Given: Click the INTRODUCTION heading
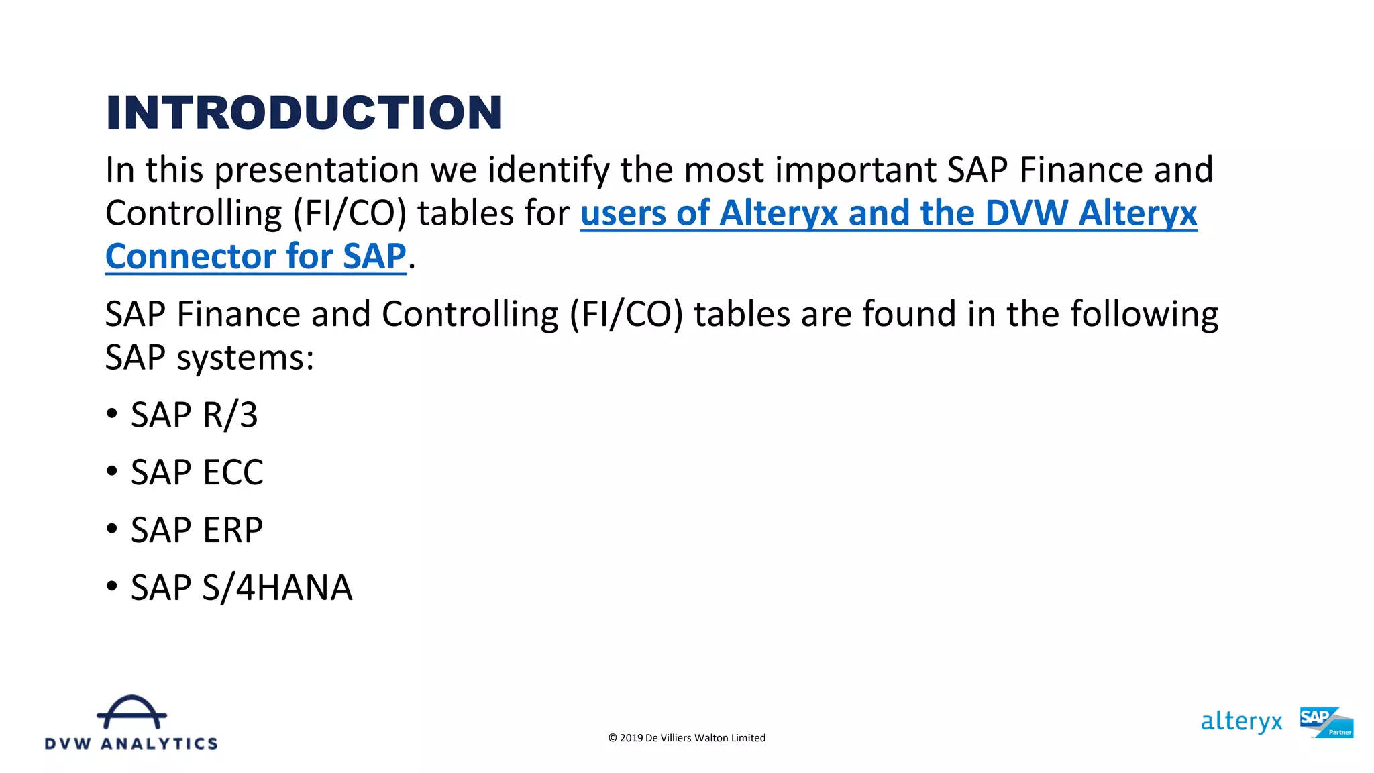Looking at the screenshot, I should pos(304,112).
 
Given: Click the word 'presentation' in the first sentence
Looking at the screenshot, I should pos(317,170).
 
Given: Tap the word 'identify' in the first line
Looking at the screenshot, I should pos(548,170).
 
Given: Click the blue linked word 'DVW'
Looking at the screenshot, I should pos(1026,213).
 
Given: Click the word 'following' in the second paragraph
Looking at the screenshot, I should pos(1144,314).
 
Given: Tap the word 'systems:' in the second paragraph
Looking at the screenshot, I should pos(245,358).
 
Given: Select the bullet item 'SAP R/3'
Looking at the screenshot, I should pos(194,415).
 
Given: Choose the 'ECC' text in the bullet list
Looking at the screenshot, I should pos(233,472).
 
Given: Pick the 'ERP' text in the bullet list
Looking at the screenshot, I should pos(233,530).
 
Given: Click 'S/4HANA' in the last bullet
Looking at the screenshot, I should pos(277,588).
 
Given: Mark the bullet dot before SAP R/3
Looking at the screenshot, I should pos(112,413).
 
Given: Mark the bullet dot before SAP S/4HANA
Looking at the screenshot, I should pos(112,586).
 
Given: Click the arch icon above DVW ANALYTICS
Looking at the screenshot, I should pos(131,712).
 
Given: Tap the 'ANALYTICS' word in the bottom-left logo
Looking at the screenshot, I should pos(159,743).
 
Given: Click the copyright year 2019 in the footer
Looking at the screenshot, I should pos(631,738).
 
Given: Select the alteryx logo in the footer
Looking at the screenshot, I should pos(1241,722).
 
